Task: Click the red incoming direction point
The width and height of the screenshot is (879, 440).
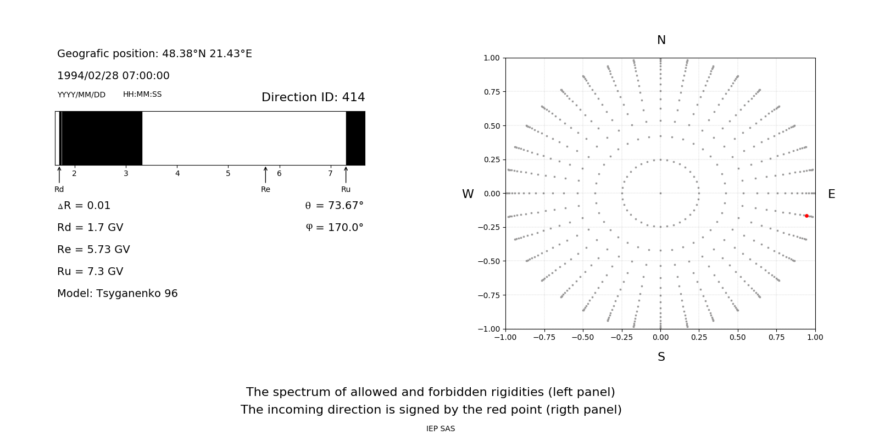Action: tap(806, 216)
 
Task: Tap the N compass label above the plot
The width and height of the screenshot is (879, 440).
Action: tap(661, 40)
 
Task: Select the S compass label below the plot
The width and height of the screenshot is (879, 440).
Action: tap(661, 357)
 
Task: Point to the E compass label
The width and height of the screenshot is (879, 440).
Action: tap(831, 194)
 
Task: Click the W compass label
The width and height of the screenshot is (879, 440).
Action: tap(468, 194)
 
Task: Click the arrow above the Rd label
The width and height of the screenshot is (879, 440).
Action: tap(59, 174)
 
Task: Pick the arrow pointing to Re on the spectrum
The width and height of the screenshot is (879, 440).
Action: tap(265, 174)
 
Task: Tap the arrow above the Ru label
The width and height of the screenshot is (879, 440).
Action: tap(346, 174)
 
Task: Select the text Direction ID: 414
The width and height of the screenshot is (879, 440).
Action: tap(313, 97)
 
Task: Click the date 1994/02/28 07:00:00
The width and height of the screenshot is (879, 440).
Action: tap(113, 75)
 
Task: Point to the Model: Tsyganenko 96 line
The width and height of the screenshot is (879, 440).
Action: tap(117, 293)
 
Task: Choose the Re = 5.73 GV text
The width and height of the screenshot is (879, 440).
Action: tap(93, 249)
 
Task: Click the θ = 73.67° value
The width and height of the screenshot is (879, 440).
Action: tap(334, 205)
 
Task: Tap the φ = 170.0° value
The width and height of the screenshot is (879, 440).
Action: tap(335, 227)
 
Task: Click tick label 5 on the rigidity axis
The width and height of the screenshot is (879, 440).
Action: tap(228, 173)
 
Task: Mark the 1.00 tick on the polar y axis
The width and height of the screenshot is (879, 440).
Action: tap(491, 58)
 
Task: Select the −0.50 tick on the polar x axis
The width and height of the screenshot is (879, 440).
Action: tap(582, 337)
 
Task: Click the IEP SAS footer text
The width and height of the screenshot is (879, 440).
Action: tap(440, 428)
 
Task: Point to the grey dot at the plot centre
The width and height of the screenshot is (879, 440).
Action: tap(660, 193)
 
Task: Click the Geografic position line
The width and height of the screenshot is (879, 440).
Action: tap(154, 53)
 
